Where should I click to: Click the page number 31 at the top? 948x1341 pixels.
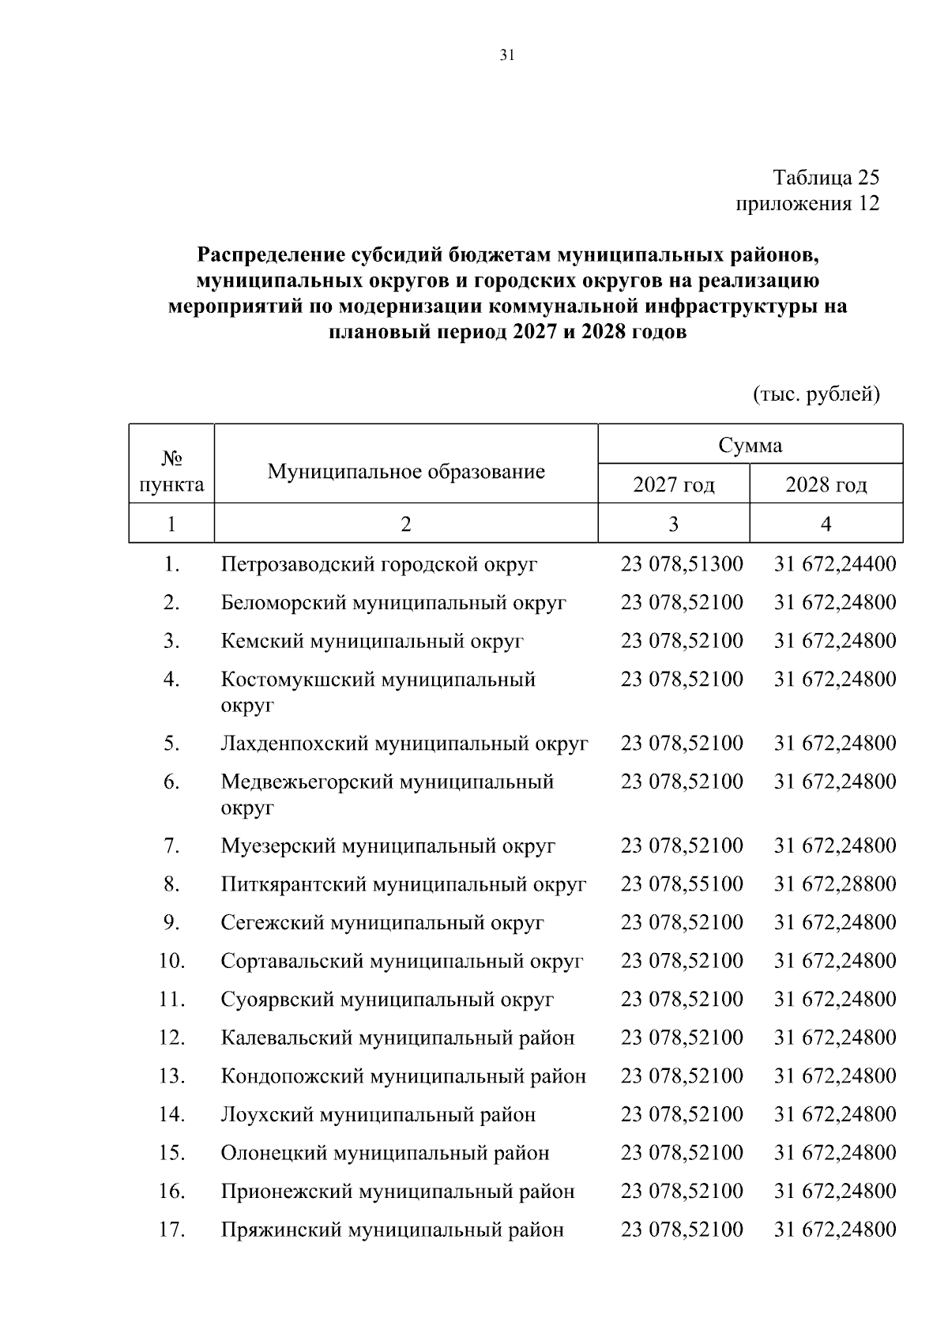pyautogui.click(x=507, y=55)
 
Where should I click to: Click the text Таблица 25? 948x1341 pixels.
pyautogui.click(x=826, y=177)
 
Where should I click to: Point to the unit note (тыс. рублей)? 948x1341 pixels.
pyautogui.click(x=816, y=393)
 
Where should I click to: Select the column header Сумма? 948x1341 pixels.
pyautogui.click(x=750, y=445)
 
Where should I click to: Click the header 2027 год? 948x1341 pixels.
pyautogui.click(x=673, y=484)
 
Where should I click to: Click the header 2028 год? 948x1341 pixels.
pyautogui.click(x=826, y=484)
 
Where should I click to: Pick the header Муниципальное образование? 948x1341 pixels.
pyautogui.click(x=406, y=472)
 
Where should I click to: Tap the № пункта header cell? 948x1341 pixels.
pyautogui.click(x=171, y=471)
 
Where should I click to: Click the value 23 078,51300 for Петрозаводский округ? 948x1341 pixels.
pyautogui.click(x=682, y=564)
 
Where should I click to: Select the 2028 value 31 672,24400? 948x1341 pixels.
pyautogui.click(x=835, y=564)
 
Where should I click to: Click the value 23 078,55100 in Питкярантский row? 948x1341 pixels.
pyautogui.click(x=682, y=883)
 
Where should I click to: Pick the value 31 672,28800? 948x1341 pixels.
pyautogui.click(x=835, y=883)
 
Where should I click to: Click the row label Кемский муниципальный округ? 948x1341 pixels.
pyautogui.click(x=372, y=641)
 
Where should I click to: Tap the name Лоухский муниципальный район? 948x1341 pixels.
pyautogui.click(x=378, y=1114)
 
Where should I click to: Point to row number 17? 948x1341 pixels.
pyautogui.click(x=171, y=1230)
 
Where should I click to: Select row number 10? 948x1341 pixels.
pyautogui.click(x=171, y=961)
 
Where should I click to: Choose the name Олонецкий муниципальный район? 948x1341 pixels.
pyautogui.click(x=385, y=1153)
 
